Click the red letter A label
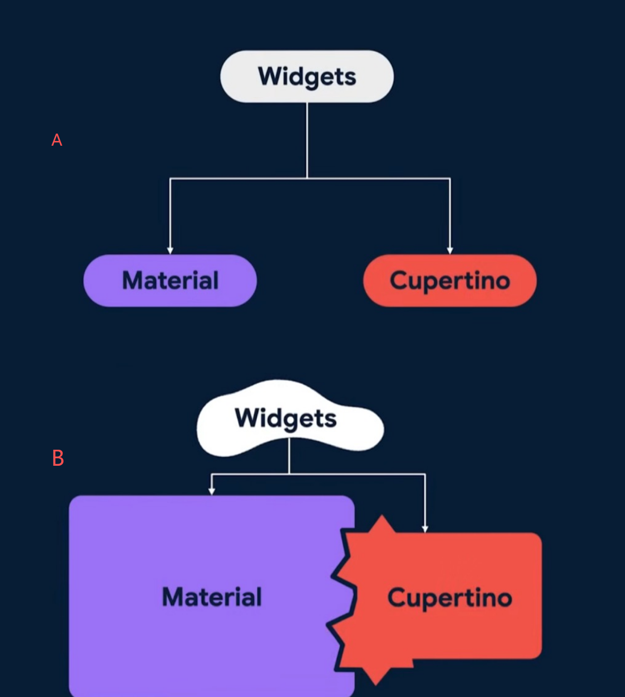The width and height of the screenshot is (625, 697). pyautogui.click(x=57, y=140)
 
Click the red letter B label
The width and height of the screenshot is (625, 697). pyautogui.click(x=58, y=458)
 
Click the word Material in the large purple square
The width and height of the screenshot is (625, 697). pyautogui.click(x=212, y=597)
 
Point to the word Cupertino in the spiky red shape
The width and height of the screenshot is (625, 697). pyautogui.click(x=450, y=598)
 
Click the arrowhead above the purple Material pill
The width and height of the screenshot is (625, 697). pyautogui.click(x=170, y=250)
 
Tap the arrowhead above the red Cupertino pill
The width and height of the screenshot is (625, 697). pyautogui.click(x=450, y=250)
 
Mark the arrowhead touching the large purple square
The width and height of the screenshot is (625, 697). pyautogui.click(x=212, y=491)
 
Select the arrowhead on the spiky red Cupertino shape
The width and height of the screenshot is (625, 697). pyautogui.click(x=425, y=528)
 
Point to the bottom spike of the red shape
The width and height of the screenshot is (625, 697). pyautogui.click(x=376, y=679)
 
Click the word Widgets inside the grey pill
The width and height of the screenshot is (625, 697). pyautogui.click(x=307, y=77)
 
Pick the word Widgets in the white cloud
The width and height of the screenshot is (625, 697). pyautogui.click(x=286, y=418)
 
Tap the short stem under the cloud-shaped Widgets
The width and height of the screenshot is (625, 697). pyautogui.click(x=289, y=456)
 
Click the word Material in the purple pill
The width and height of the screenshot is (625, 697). pyautogui.click(x=170, y=281)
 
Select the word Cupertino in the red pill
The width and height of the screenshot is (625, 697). pyautogui.click(x=450, y=281)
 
